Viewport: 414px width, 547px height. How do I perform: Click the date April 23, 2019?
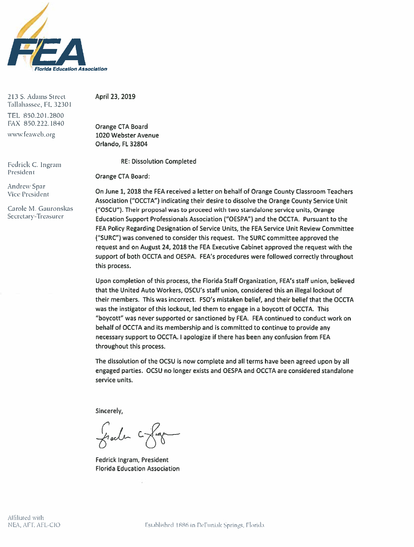pyautogui.click(x=115, y=96)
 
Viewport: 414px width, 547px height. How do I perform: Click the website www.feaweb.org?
pyautogui.click(x=31, y=135)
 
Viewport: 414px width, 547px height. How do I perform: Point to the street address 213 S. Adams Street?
pyautogui.click(x=37, y=97)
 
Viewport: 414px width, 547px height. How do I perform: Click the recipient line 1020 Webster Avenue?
pyautogui.click(x=127, y=135)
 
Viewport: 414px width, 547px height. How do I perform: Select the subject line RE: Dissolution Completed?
pyautogui.click(x=158, y=162)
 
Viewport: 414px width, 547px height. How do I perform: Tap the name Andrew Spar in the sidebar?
pyautogui.click(x=26, y=186)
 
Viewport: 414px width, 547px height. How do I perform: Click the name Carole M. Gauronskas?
pyautogui.click(x=40, y=209)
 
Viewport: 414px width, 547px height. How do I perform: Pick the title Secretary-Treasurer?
pyautogui.click(x=35, y=216)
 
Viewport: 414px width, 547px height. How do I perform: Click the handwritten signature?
pyautogui.click(x=136, y=434)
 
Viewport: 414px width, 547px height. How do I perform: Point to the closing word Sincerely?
pyautogui.click(x=109, y=411)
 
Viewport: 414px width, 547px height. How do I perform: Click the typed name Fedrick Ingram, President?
pyautogui.click(x=132, y=460)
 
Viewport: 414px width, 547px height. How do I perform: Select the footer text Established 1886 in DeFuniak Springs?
pyautogui.click(x=204, y=525)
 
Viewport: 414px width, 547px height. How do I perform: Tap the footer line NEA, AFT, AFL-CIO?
pyautogui.click(x=34, y=525)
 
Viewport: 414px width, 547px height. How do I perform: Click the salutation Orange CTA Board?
pyautogui.click(x=123, y=176)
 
